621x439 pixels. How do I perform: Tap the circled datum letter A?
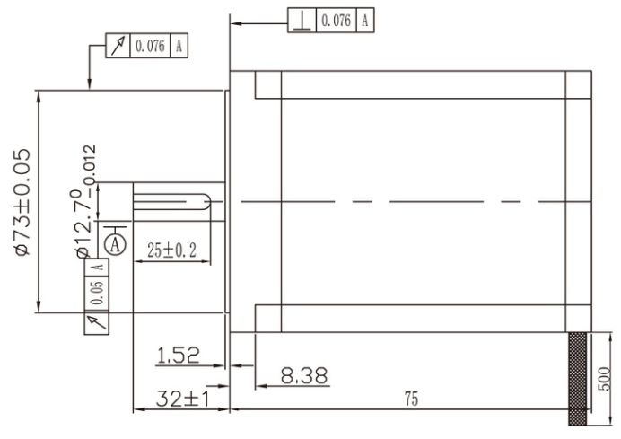(x=114, y=242)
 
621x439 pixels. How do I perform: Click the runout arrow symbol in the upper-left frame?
(x=118, y=46)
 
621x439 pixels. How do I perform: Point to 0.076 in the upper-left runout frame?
(x=150, y=46)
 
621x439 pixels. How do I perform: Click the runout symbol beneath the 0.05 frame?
(x=95, y=320)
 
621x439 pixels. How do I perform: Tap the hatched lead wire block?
(x=578, y=377)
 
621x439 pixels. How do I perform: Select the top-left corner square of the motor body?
(x=267, y=84)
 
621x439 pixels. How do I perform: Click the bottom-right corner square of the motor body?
(x=578, y=318)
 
